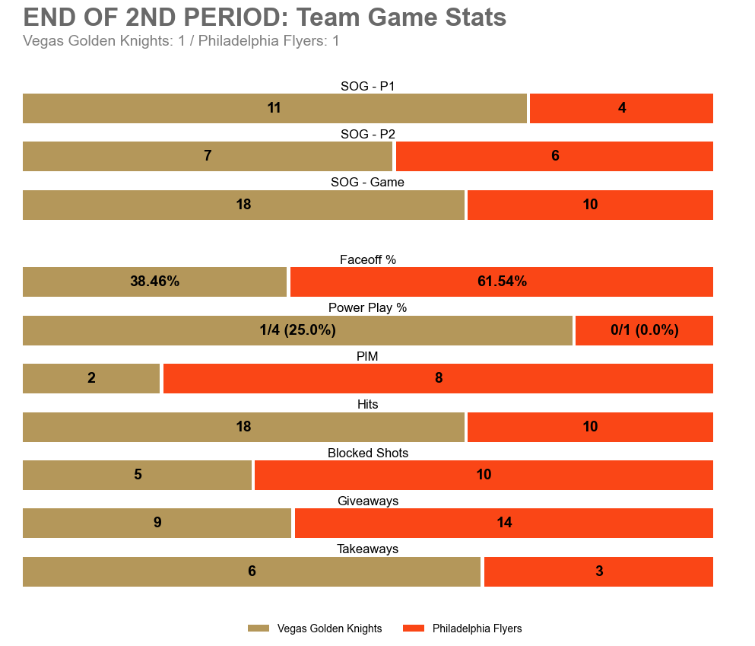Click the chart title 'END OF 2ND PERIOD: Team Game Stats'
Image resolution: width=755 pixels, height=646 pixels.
point(265,18)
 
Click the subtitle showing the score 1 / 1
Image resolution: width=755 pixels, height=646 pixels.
point(181,41)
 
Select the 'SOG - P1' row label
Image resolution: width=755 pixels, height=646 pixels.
point(367,86)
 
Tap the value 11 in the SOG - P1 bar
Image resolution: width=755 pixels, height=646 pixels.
point(274,108)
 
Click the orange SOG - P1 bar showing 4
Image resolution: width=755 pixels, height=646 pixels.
point(621,108)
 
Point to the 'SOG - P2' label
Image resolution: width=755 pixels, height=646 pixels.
point(367,134)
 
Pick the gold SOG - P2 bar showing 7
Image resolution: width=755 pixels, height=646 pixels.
point(208,156)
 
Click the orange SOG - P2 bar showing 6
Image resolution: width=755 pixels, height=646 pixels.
point(554,156)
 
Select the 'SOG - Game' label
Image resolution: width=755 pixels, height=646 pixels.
point(367,183)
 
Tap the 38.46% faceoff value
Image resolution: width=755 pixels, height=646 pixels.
point(154,282)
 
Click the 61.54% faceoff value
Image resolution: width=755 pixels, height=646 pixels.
point(502,282)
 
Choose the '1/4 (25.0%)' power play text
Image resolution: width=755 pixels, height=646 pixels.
point(297,330)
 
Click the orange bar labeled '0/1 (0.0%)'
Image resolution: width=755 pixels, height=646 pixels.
point(644,330)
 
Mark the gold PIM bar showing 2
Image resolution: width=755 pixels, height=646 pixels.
point(91,378)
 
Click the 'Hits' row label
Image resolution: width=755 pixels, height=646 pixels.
point(367,405)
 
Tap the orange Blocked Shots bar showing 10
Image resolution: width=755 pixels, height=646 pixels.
point(484,475)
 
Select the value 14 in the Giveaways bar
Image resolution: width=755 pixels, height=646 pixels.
point(504,523)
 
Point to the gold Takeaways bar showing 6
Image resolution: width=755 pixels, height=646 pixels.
point(252,571)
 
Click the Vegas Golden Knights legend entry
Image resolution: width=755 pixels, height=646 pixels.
point(315,628)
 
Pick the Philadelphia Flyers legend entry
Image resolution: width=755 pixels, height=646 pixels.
point(462,628)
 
